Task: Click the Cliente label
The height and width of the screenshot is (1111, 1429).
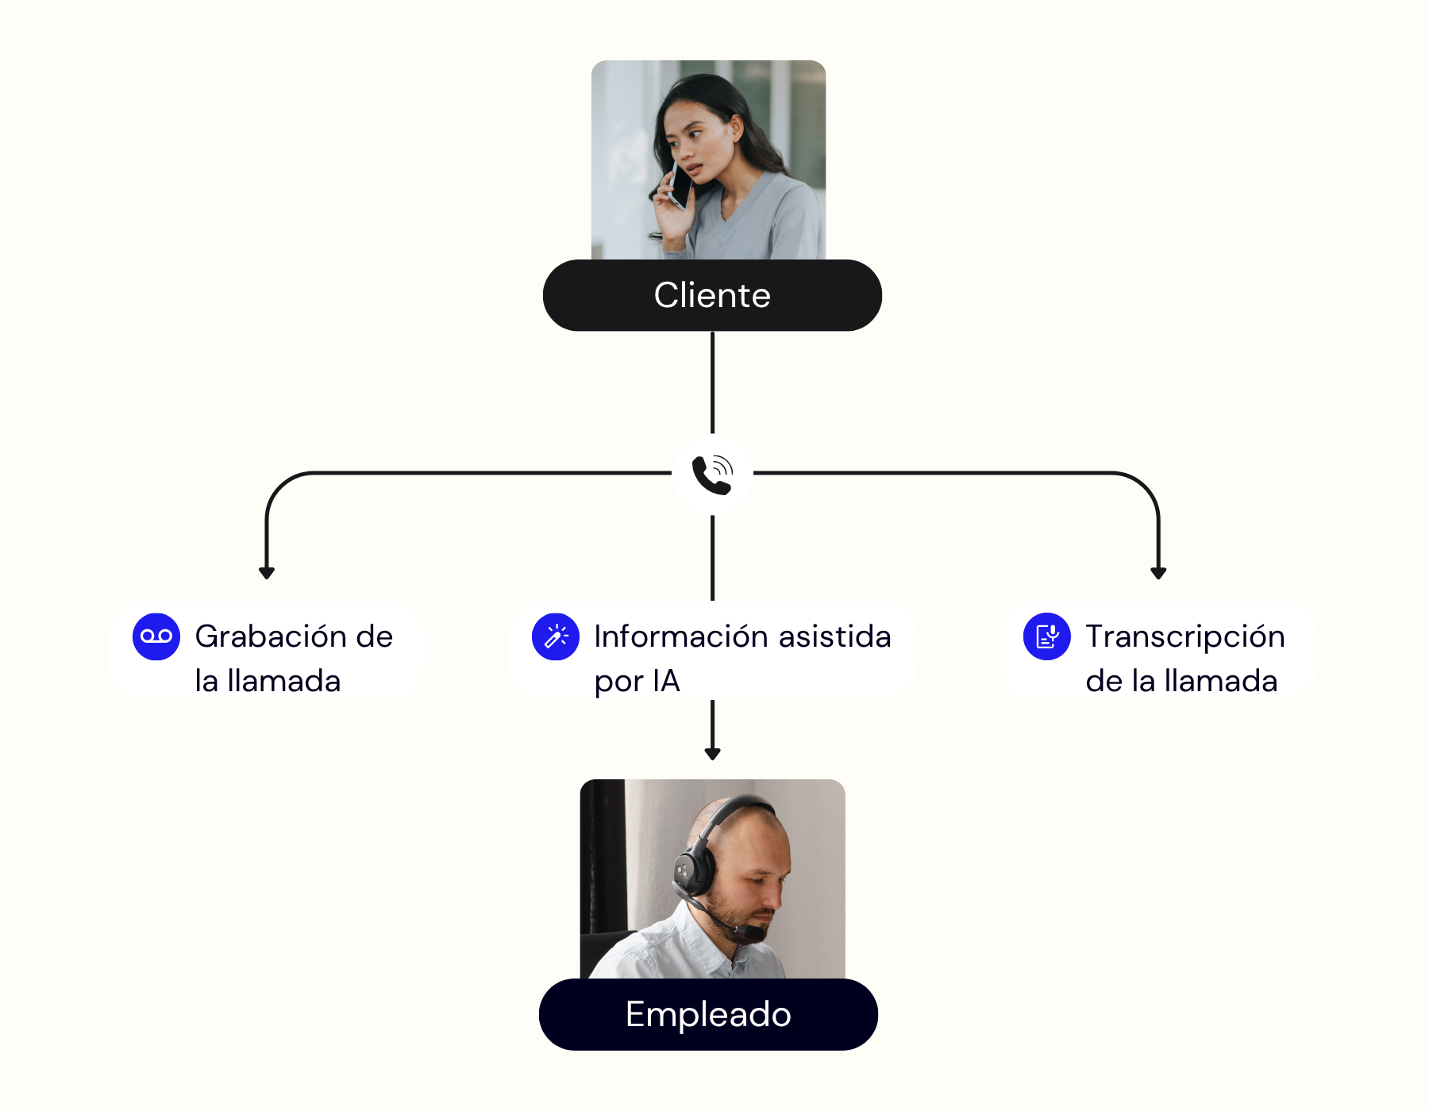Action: [712, 295]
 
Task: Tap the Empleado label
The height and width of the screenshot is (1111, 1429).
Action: [708, 1014]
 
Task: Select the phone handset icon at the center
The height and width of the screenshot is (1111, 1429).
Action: [712, 475]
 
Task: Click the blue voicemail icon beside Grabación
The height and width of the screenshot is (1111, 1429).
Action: [156, 636]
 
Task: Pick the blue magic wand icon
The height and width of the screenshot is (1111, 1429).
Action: [556, 636]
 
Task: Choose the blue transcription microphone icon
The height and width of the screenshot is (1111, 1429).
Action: [1047, 636]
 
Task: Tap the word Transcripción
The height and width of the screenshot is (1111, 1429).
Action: [1184, 636]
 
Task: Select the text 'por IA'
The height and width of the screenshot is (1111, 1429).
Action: [637, 681]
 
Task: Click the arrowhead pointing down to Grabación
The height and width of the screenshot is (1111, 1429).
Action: [267, 572]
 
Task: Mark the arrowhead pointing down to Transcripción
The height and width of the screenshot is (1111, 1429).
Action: [1158, 572]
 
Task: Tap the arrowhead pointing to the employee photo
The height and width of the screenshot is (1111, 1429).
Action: [713, 753]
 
